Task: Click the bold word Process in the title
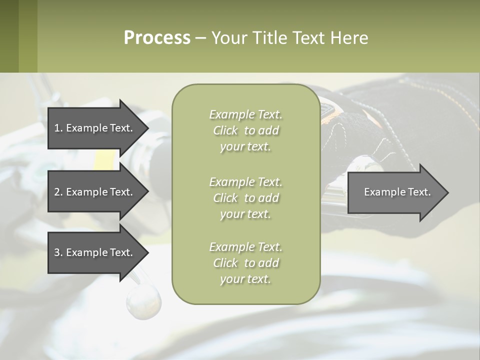click(157, 38)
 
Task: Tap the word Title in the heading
click(268, 38)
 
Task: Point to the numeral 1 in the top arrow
click(56, 128)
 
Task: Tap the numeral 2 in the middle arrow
click(57, 192)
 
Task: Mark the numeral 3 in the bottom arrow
click(57, 252)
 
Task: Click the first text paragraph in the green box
click(245, 130)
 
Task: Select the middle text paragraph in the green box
click(245, 198)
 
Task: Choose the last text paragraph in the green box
click(245, 263)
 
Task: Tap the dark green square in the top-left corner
click(9, 36)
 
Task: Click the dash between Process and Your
click(200, 38)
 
